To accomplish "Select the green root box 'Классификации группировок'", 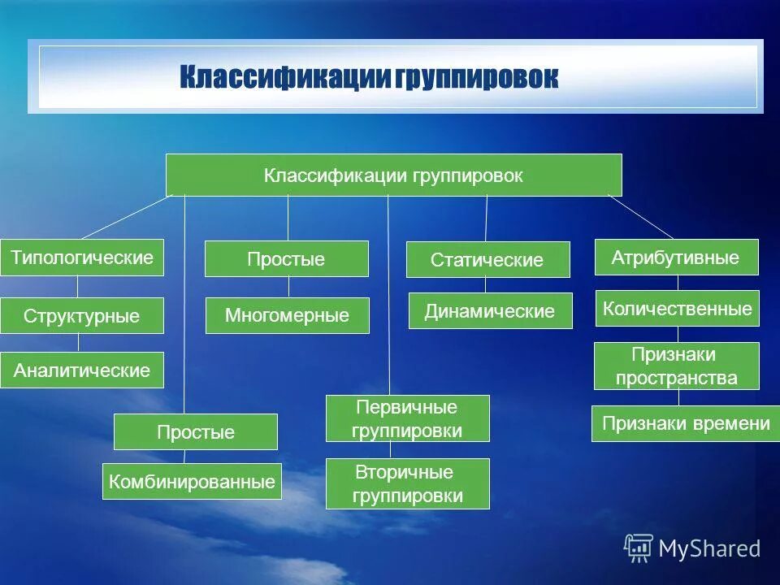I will pyautogui.click(x=394, y=175).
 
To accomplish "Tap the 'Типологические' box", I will pyautogui.click(x=82, y=258).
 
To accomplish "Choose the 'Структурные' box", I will pyautogui.click(x=82, y=315).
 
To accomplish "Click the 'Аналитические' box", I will pyautogui.click(x=82, y=370).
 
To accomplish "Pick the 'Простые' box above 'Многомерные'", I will pyautogui.click(x=286, y=259).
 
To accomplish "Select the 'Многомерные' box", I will pyautogui.click(x=287, y=315).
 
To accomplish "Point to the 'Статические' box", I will pyautogui.click(x=487, y=260).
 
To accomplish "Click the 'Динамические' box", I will pyautogui.click(x=490, y=310).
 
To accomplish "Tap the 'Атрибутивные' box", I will pyautogui.click(x=676, y=258).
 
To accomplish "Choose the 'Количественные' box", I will pyautogui.click(x=678, y=308).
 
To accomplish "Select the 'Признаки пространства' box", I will pyautogui.click(x=676, y=366).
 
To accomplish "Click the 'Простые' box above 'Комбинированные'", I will pyautogui.click(x=196, y=431).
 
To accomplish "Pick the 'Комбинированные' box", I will pyautogui.click(x=192, y=481).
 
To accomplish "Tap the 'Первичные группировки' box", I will pyautogui.click(x=408, y=418).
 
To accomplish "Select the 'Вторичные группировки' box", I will pyautogui.click(x=408, y=483).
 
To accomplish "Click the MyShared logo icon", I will pyautogui.click(x=638, y=548).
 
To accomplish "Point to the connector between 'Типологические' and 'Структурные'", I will pyautogui.click(x=78, y=287).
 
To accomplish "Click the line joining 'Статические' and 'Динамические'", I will pyautogui.click(x=486, y=285).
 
